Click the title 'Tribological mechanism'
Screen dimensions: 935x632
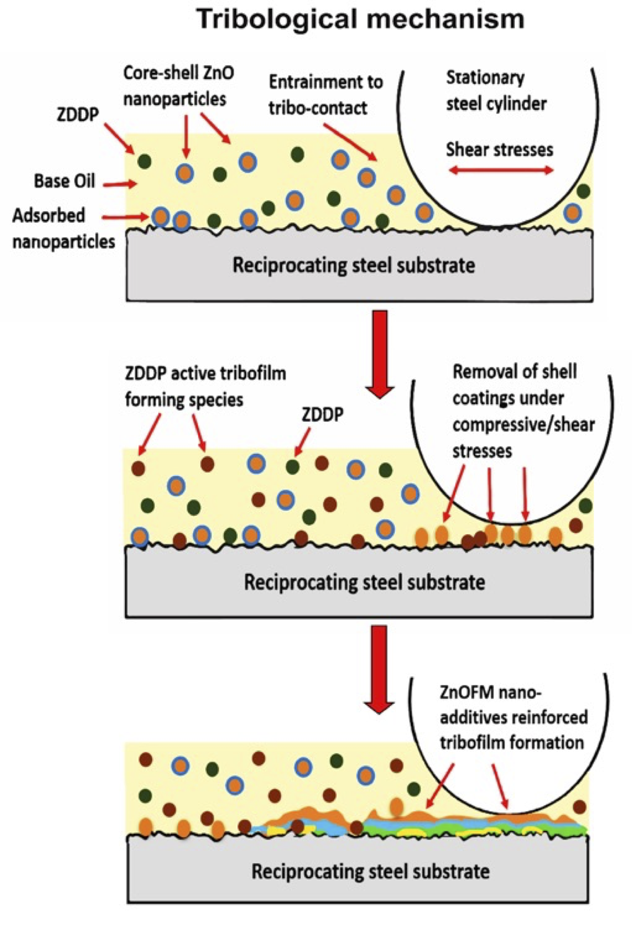(360, 20)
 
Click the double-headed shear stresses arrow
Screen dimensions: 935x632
(501, 170)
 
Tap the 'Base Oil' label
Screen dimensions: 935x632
(64, 181)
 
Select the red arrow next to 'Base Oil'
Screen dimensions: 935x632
(119, 184)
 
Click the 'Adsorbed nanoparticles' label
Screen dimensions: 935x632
(63, 229)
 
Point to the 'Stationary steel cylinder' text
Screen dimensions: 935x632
(496, 91)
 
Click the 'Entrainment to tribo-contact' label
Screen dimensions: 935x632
(325, 95)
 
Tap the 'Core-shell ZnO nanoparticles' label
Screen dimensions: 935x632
(178, 85)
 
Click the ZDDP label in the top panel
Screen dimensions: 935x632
(78, 114)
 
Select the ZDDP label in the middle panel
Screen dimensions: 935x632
(323, 414)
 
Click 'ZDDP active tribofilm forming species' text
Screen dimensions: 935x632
(205, 386)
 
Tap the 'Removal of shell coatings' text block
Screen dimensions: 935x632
(523, 411)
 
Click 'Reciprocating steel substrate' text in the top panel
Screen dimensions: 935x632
(353, 265)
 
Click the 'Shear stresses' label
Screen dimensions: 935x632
(499, 149)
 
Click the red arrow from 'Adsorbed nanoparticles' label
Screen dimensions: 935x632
(125, 218)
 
